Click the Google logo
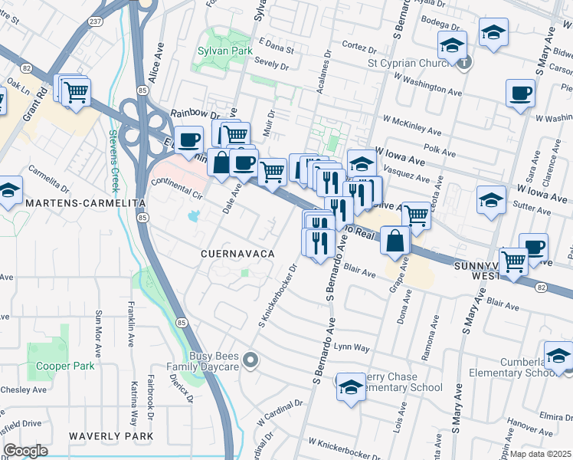point(25,451)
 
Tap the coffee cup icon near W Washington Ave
point(520,93)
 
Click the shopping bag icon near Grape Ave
point(395,240)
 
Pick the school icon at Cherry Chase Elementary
point(351,386)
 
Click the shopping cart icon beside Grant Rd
point(75,93)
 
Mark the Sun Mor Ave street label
point(98,333)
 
